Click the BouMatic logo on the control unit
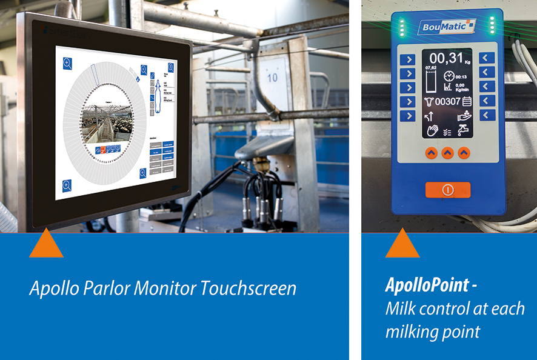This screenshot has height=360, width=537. pos(445,27)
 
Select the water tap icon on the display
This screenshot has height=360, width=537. pos(465,129)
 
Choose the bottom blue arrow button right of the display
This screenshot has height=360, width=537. pos(487,115)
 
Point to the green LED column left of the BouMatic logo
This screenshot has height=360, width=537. pos(401,25)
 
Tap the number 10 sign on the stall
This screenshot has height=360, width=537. pos(273,77)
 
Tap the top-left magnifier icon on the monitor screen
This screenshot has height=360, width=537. pos(67,62)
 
